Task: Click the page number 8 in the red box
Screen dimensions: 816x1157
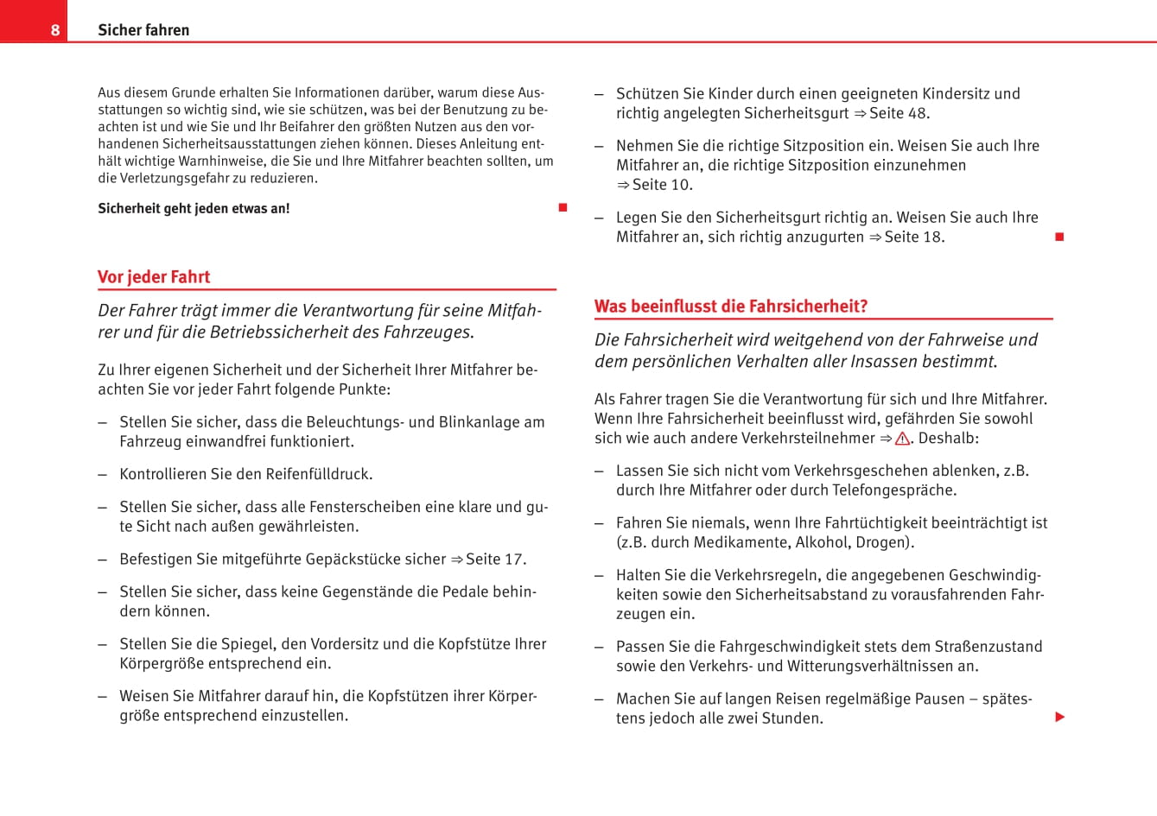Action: tap(54, 30)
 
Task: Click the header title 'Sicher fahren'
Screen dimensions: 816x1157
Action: tap(143, 30)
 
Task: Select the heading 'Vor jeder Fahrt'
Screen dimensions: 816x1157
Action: tap(154, 277)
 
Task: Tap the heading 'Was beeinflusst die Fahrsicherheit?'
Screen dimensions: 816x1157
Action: tap(731, 307)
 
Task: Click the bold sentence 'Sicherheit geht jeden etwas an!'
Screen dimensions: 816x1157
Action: tap(194, 208)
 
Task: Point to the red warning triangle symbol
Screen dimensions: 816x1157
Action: tap(902, 439)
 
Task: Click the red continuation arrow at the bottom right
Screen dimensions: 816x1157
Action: tap(1060, 717)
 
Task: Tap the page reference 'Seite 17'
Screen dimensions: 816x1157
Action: tap(493, 560)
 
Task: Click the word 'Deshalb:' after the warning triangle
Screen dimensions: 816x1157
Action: tap(949, 439)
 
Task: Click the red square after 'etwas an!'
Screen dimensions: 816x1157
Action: tap(563, 207)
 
